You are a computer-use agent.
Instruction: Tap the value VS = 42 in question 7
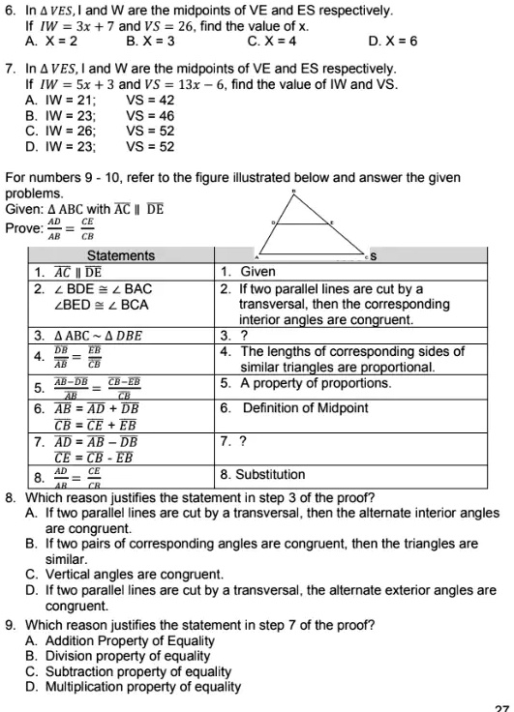point(150,101)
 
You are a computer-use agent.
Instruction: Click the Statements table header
point(121,255)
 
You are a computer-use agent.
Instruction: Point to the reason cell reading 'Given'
point(249,272)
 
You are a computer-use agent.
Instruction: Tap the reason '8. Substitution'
point(262,474)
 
